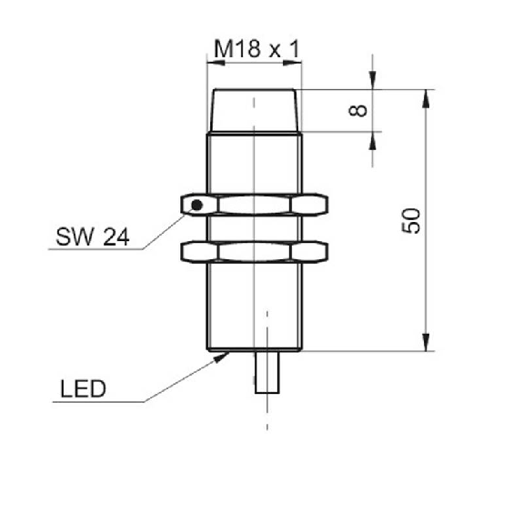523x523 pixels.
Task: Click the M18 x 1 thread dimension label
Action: [x=256, y=49]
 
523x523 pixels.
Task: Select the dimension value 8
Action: [x=357, y=110]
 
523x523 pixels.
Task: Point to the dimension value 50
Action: [x=411, y=221]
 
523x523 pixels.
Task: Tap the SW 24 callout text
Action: [x=93, y=236]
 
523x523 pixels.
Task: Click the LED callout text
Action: [x=83, y=388]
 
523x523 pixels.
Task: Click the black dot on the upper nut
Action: [x=196, y=205]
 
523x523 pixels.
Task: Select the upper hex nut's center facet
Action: [x=255, y=205]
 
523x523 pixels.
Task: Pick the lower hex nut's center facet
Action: [x=255, y=252]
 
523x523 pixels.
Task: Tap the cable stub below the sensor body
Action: [x=267, y=372]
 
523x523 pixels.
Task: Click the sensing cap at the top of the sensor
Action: [x=254, y=110]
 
